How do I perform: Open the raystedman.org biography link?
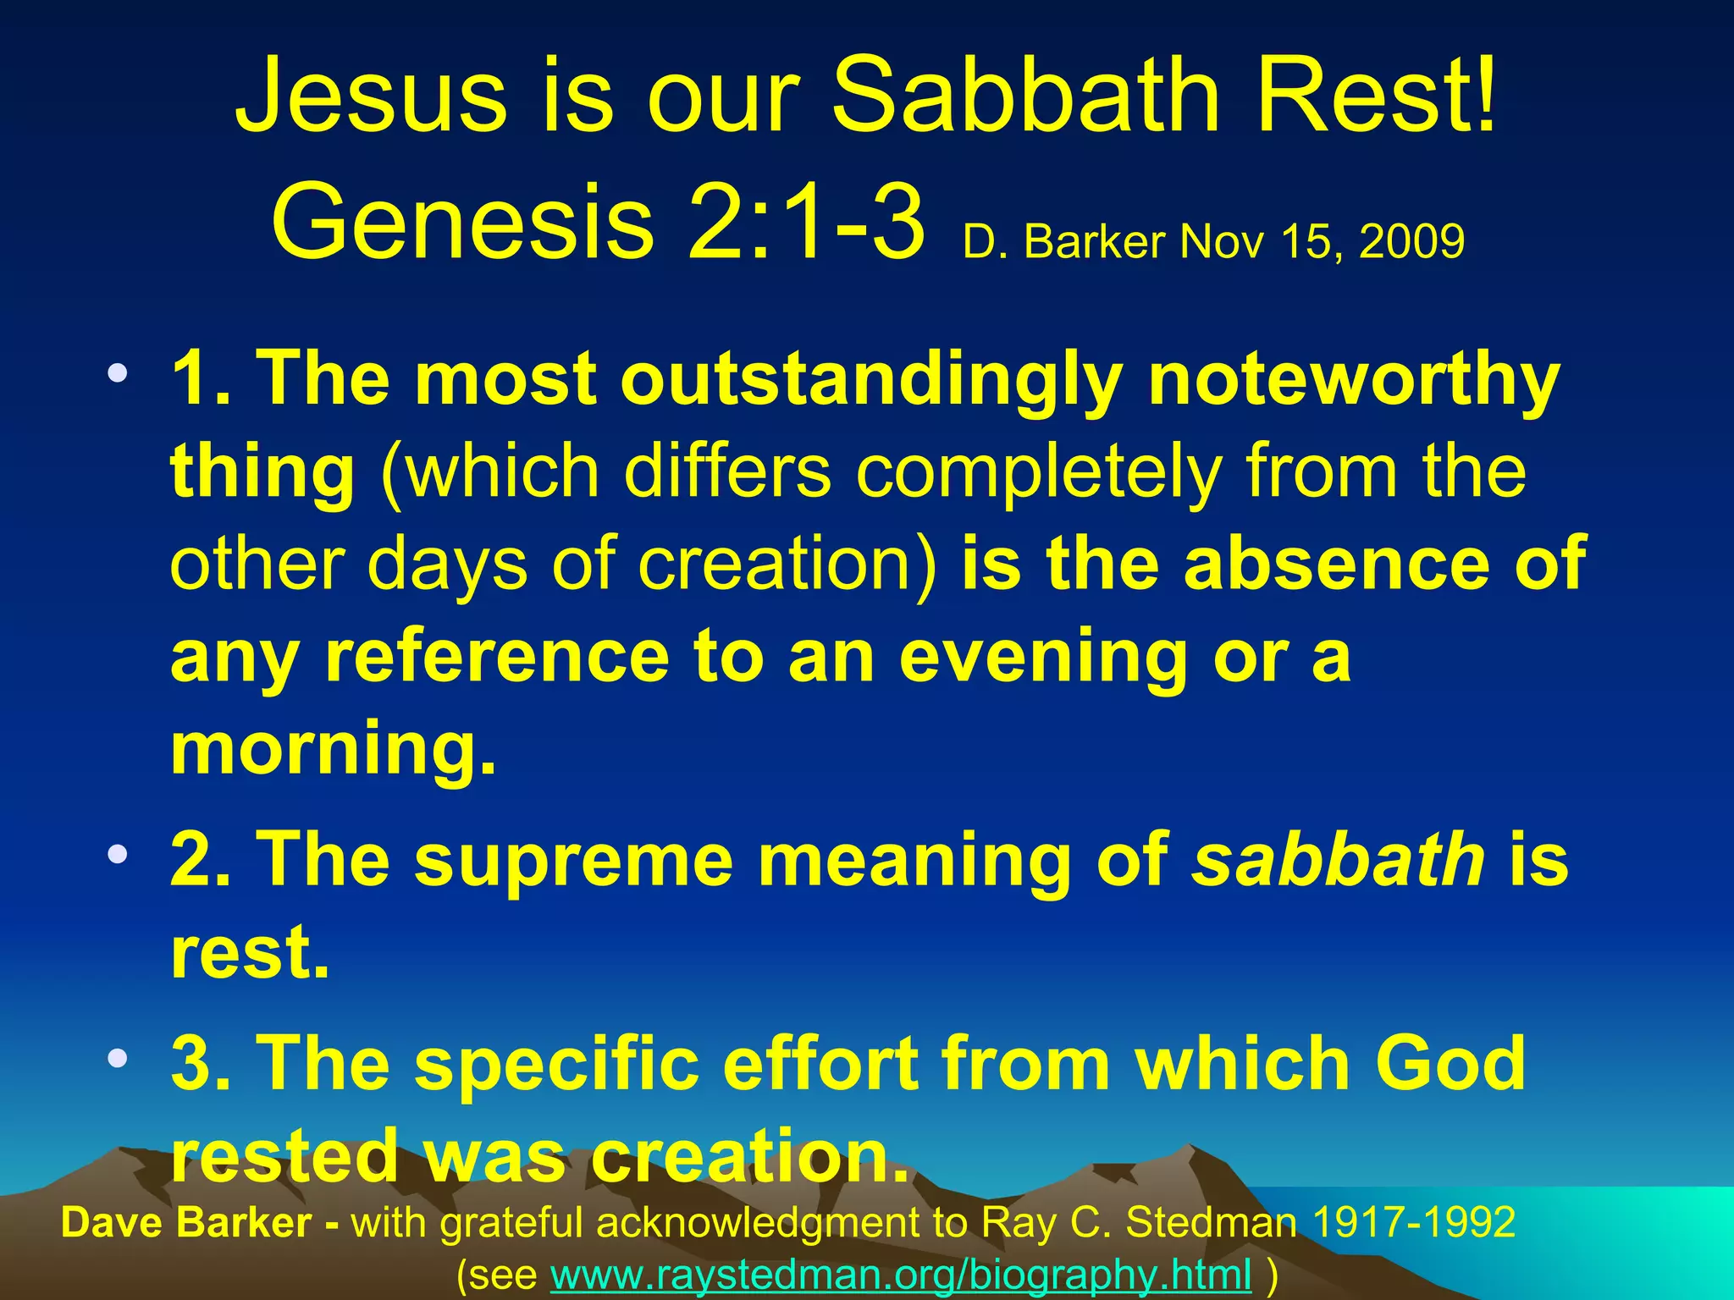click(x=901, y=1274)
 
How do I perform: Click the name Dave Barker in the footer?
click(x=186, y=1222)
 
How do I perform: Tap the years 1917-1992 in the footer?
click(x=1413, y=1222)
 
